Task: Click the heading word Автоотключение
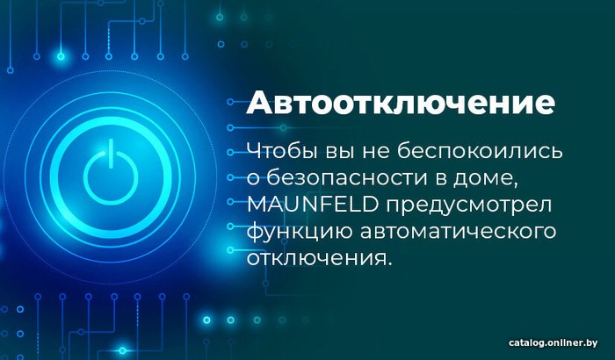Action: click(x=401, y=103)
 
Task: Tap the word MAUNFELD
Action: click(x=313, y=205)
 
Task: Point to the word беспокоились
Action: click(x=480, y=151)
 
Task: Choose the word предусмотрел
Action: click(x=468, y=205)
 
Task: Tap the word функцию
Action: click(x=300, y=232)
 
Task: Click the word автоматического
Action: click(x=458, y=232)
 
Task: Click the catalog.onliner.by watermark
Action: click(x=553, y=342)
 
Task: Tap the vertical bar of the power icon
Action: click(x=111, y=154)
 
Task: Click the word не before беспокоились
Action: click(x=375, y=152)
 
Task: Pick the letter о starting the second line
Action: click(x=253, y=179)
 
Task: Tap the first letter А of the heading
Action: click(x=259, y=103)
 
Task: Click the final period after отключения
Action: click(x=389, y=263)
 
